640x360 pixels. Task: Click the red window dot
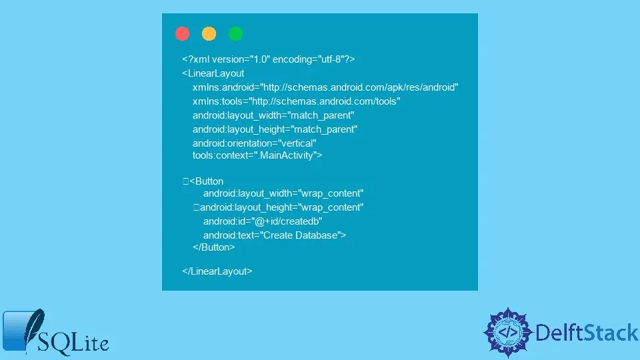point(182,33)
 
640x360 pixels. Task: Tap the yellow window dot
point(209,33)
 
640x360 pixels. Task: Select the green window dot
point(235,33)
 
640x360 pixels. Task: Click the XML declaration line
point(268,59)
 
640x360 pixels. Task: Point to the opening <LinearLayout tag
point(213,73)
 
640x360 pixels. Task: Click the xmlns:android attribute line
point(325,87)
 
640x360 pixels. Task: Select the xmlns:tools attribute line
point(296,101)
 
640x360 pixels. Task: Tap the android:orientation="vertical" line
point(254,143)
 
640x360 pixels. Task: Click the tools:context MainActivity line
point(257,155)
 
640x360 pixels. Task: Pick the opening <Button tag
point(206,181)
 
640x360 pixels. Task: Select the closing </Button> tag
point(213,247)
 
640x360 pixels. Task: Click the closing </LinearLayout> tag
point(217,271)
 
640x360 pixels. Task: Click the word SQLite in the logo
point(73,343)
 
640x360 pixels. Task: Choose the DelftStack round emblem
point(508,333)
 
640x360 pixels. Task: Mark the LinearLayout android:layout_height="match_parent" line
point(275,129)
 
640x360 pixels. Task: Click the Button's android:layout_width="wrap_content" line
point(283,193)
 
